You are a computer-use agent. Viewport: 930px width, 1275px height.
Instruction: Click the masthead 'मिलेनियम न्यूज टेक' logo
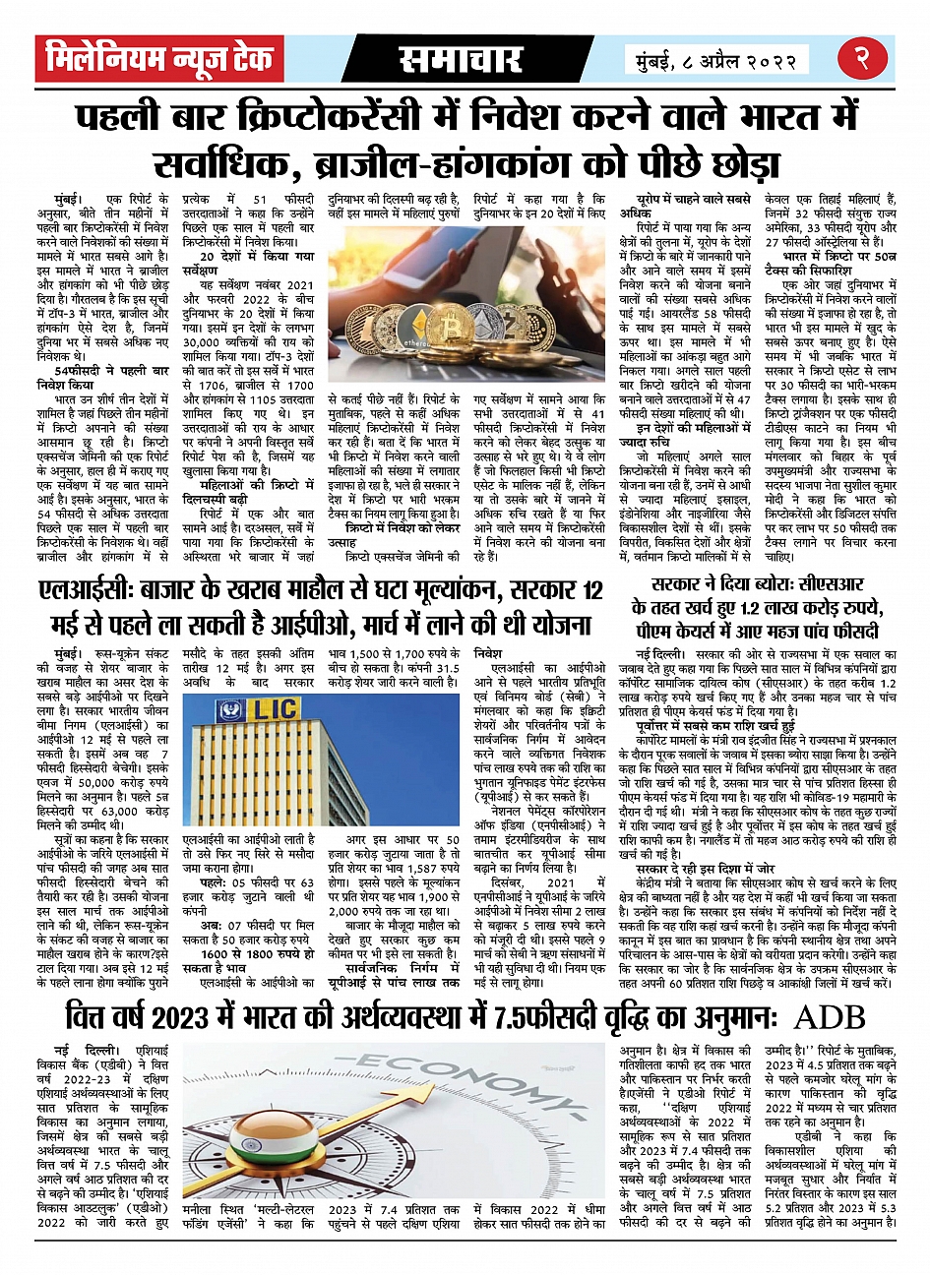click(x=158, y=60)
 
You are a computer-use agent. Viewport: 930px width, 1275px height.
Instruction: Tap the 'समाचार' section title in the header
click(x=460, y=60)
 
